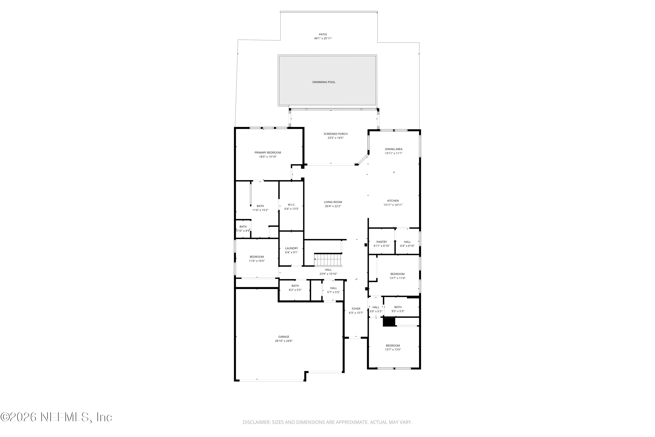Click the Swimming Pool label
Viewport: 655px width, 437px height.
tap(324, 82)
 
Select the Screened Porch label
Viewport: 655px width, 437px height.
tap(335, 134)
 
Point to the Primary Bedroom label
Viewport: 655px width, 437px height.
tap(268, 153)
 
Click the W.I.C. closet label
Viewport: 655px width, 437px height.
tap(291, 205)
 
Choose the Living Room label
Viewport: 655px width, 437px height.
tap(333, 202)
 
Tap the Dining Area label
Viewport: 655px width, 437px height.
tap(393, 149)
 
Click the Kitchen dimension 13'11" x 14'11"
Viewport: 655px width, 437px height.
tap(393, 205)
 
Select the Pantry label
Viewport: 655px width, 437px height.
tap(381, 242)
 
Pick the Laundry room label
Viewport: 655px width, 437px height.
tap(291, 248)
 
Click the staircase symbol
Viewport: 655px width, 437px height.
tap(328, 260)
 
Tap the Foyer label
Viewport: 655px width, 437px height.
tap(356, 309)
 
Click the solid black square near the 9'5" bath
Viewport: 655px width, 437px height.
tap(389, 322)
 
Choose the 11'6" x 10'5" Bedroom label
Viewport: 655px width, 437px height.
tap(257, 257)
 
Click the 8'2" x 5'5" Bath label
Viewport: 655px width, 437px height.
tap(295, 286)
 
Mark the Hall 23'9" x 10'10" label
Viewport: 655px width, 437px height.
tap(328, 270)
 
